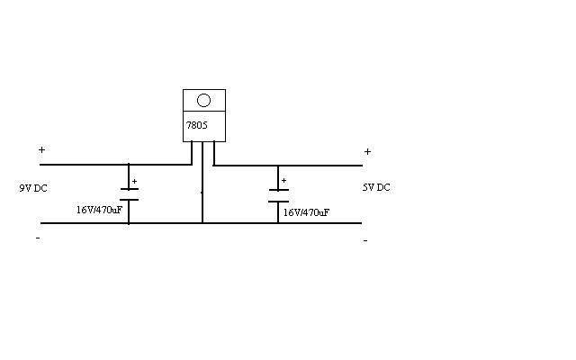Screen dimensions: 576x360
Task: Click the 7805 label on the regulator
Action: pos(197,126)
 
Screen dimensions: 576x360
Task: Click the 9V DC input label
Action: pos(33,188)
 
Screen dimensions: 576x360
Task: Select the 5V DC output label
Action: pos(376,187)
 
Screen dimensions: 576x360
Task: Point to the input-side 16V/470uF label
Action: pos(99,210)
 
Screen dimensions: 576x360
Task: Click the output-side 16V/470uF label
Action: pos(306,212)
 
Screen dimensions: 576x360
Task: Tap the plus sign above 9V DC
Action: pos(42,150)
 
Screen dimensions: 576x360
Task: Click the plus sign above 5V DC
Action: pos(367,152)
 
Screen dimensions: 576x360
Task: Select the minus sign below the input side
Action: pos(38,238)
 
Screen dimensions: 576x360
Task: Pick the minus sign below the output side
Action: pos(365,241)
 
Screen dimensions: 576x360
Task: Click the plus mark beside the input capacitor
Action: pos(134,182)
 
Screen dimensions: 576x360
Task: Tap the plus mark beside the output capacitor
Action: pos(283,181)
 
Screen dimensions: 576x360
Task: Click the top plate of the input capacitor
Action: pos(130,189)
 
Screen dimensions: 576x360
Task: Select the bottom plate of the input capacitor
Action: pos(130,200)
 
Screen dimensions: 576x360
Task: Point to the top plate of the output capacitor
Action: pos(279,190)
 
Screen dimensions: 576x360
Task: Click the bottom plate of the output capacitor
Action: pos(278,202)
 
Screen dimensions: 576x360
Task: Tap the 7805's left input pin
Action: pos(192,153)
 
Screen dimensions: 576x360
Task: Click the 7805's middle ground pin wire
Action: pos(202,182)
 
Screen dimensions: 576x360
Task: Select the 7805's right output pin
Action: pos(214,153)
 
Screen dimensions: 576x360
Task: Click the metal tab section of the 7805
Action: pos(204,100)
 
